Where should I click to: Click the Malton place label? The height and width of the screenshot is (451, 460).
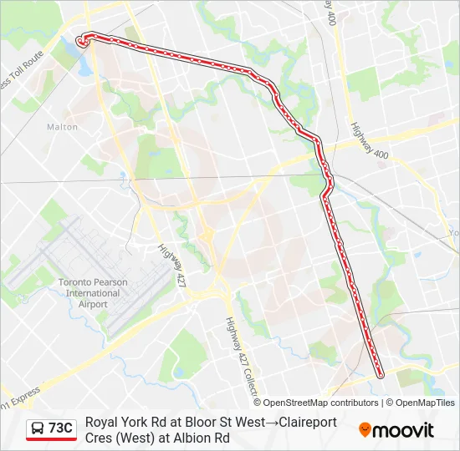62,127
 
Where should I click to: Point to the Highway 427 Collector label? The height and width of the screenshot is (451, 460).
238,351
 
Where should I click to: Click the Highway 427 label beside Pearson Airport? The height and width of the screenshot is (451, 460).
174,266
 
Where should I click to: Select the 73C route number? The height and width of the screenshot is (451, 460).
60,428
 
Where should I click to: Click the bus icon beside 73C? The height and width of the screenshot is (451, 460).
38,428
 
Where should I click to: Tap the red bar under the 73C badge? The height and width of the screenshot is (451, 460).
51,439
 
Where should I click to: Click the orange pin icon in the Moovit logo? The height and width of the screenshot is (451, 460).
365,430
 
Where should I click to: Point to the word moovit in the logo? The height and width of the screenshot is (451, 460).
403,430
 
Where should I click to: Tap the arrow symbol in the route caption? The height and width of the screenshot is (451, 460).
273,423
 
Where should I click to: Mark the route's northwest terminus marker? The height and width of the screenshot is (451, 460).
82,40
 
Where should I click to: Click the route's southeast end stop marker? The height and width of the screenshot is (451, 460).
381,375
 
